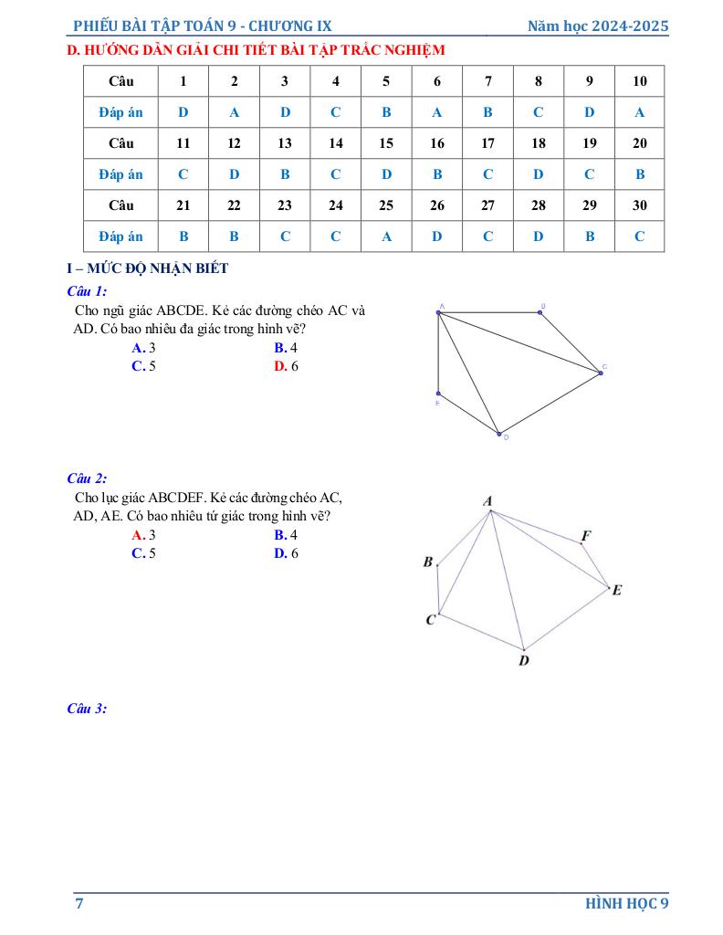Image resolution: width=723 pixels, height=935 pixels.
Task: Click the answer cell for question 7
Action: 487,112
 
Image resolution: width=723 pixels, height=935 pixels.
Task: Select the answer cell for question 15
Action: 386,174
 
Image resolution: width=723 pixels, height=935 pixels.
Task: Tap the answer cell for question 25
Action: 386,236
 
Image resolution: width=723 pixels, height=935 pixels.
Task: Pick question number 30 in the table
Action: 639,205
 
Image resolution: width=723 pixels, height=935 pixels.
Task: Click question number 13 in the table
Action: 285,143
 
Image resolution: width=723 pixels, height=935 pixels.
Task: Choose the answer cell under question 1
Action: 183,112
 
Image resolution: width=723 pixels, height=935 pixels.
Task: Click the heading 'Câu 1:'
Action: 88,291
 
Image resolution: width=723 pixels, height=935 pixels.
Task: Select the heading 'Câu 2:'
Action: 88,478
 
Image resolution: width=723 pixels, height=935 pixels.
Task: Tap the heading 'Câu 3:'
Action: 88,709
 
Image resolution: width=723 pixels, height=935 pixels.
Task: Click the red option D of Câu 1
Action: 286,366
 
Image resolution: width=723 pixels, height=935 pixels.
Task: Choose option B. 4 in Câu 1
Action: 286,348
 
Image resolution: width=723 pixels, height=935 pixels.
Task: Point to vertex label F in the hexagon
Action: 586,535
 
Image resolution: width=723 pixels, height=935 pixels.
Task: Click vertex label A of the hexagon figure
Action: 487,500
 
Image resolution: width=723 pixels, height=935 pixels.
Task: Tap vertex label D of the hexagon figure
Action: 524,660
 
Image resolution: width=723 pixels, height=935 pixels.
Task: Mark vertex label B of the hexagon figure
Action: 427,562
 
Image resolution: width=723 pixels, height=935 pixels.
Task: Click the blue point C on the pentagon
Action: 600,373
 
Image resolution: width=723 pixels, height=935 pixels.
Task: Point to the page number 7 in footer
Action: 79,904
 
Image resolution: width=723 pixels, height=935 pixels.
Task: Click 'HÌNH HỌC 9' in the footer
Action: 627,904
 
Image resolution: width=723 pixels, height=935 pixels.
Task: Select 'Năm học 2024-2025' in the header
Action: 598,26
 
